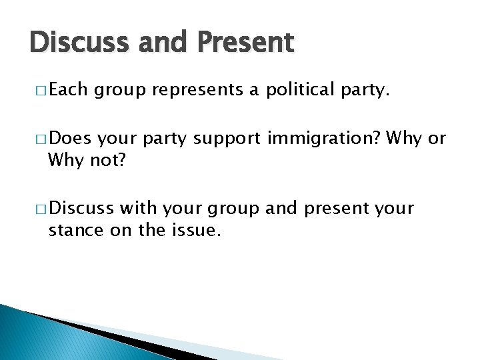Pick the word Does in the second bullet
point(70,139)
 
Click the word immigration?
point(323,139)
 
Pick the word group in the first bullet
point(119,91)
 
